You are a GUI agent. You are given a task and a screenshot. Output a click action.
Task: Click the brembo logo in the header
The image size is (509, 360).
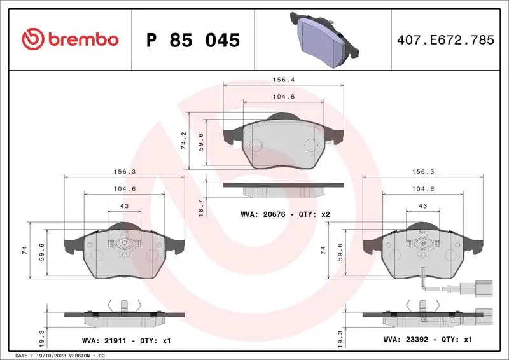(x=70, y=39)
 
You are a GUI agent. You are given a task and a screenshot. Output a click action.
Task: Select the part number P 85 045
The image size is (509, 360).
(x=193, y=40)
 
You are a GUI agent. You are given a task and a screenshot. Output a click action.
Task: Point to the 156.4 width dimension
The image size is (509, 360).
(x=283, y=81)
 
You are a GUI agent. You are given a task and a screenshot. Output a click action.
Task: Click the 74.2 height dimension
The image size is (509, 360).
(x=184, y=141)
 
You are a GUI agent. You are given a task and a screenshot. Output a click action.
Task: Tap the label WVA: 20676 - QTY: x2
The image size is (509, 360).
(x=286, y=214)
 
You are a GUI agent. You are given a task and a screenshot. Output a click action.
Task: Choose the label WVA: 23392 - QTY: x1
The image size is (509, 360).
(x=427, y=340)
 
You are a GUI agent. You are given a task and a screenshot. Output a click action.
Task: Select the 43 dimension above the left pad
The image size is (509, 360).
(x=124, y=206)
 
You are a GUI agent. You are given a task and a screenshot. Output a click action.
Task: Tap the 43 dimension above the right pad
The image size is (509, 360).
(x=422, y=206)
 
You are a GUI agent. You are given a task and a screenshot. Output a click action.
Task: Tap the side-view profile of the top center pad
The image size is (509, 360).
(x=283, y=187)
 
